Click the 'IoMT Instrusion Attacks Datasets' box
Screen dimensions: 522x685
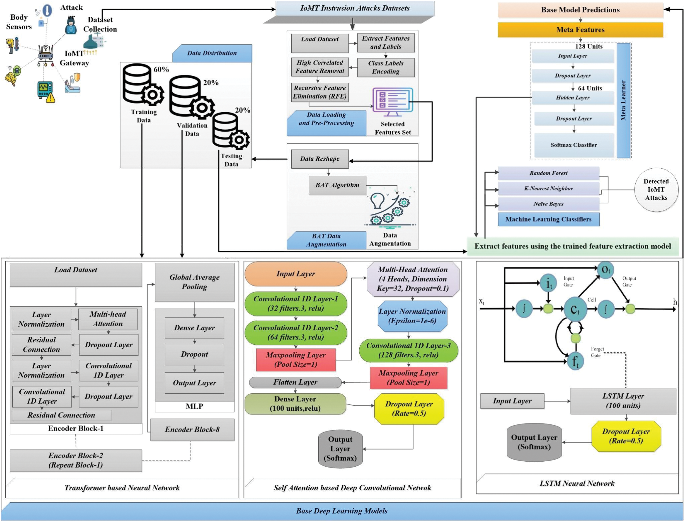point(355,8)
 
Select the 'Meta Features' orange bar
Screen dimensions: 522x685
point(580,30)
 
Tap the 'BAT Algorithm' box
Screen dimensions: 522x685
point(337,185)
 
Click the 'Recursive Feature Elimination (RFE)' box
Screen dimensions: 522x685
point(320,92)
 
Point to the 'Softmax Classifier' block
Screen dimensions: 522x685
point(574,145)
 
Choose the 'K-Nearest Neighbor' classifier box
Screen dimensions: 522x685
point(548,189)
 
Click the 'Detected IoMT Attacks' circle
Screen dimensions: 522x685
point(656,190)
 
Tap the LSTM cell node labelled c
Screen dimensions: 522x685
point(575,309)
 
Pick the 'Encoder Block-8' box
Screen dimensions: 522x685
point(192,429)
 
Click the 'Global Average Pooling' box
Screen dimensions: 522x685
point(195,282)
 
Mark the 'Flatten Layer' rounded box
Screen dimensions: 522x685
point(295,382)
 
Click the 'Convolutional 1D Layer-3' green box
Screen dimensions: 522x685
point(408,350)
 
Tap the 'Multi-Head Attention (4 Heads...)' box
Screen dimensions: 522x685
point(413,279)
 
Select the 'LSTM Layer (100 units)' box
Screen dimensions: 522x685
point(623,401)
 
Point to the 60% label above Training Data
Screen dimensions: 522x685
point(161,69)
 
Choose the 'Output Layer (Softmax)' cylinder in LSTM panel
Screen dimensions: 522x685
point(534,442)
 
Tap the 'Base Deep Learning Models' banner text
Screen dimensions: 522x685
point(342,511)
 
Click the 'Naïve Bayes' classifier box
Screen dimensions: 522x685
point(548,204)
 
